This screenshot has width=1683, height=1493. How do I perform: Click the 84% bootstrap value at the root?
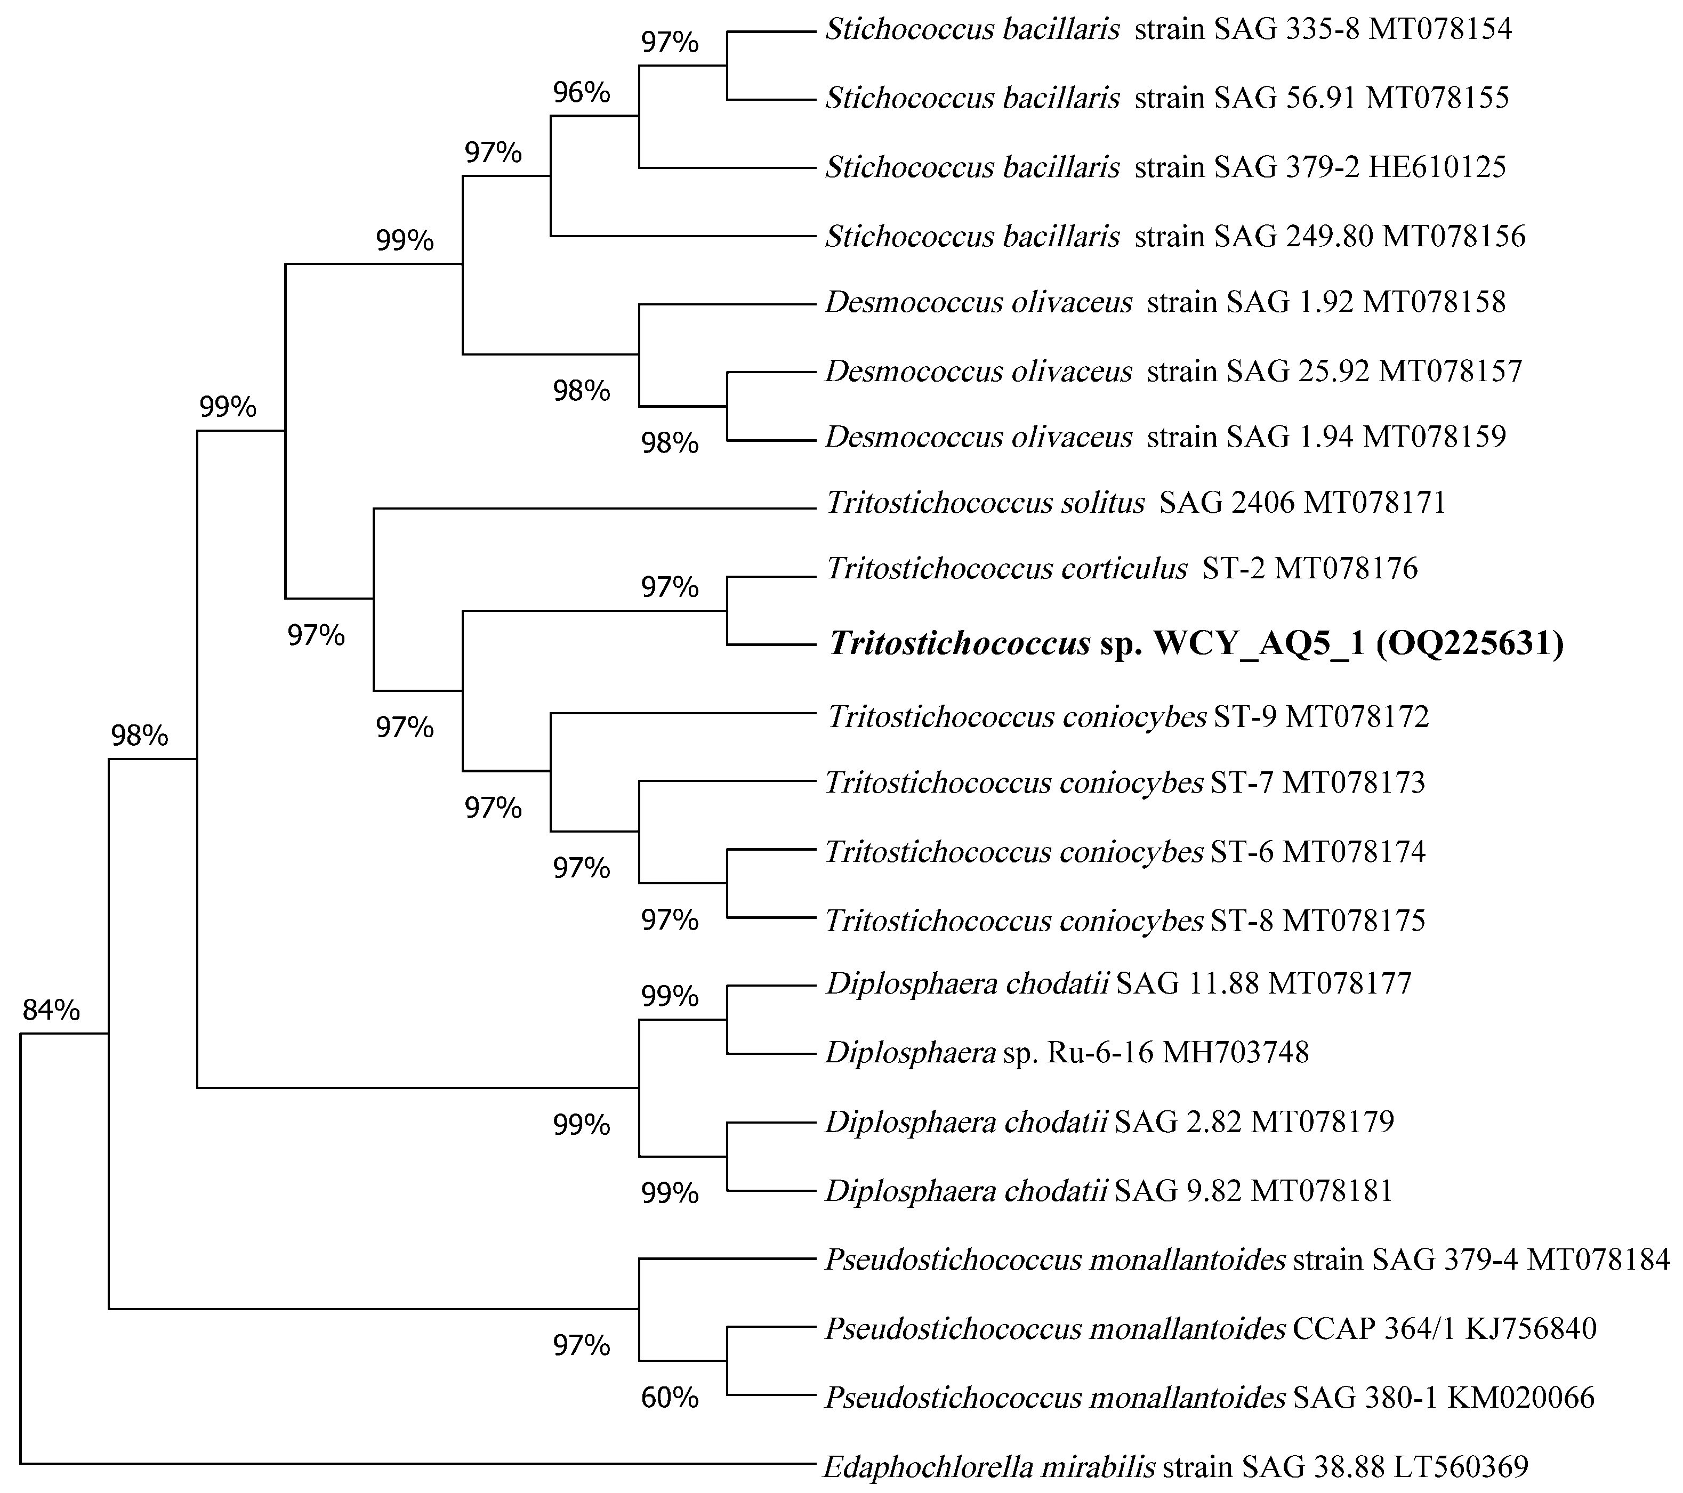[51, 1010]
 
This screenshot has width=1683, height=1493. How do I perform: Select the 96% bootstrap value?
[581, 92]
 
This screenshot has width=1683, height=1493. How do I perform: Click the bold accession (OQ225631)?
[1470, 643]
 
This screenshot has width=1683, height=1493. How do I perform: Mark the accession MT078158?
[1435, 302]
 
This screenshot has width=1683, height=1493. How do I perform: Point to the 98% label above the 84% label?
[139, 736]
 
